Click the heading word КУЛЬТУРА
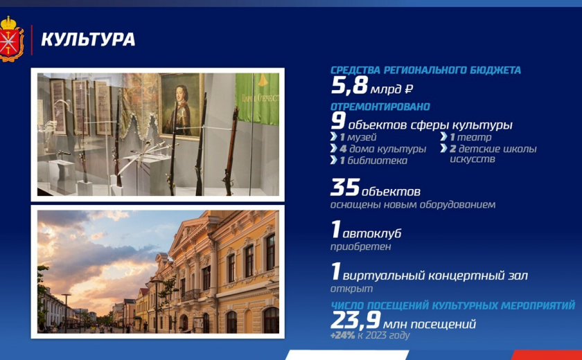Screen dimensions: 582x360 tap(88, 39)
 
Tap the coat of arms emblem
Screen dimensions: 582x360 tap(11, 39)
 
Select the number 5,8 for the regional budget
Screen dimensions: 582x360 tap(349, 86)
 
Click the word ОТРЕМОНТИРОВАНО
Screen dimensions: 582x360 tap(380, 107)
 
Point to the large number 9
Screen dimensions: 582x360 tap(338, 121)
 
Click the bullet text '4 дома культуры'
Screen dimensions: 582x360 tap(382, 149)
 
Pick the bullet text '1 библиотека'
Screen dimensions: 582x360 tap(373, 161)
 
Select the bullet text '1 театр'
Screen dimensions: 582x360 tap(470, 137)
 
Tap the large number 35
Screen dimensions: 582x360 tap(345, 187)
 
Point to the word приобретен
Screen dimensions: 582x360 tap(360, 247)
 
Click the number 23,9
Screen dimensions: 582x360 tap(355, 321)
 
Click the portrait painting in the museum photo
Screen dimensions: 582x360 tap(181, 106)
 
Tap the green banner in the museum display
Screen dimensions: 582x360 tap(257, 98)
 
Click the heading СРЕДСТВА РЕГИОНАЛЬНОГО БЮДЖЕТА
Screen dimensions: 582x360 tap(425, 70)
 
